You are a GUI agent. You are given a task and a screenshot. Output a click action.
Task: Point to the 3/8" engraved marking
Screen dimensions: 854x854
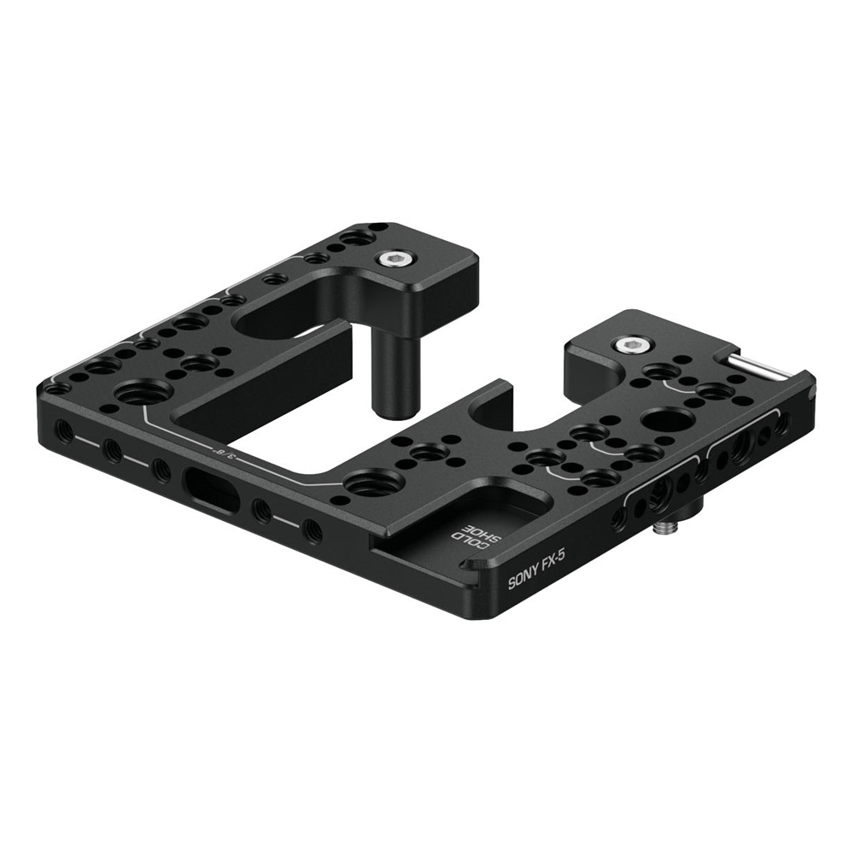(223, 453)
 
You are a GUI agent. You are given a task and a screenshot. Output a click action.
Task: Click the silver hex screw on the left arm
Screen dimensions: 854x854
(393, 257)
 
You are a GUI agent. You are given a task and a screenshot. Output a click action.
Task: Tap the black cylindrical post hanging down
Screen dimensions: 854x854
(390, 376)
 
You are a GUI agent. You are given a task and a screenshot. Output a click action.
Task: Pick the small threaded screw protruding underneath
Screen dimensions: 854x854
(664, 528)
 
